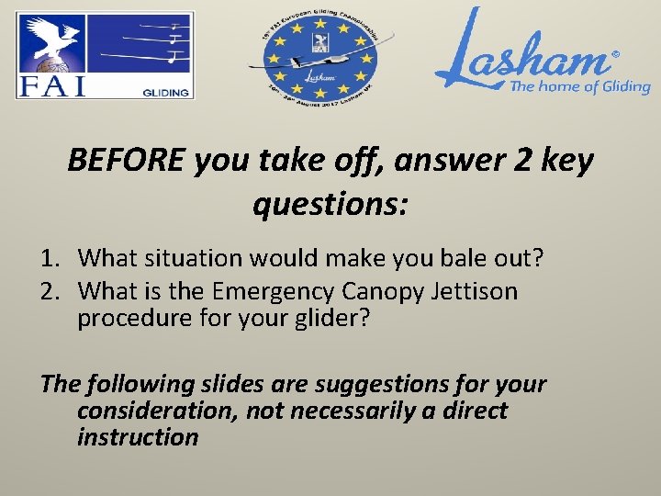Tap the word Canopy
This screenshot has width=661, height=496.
(x=387, y=292)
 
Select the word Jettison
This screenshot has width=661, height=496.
(x=476, y=292)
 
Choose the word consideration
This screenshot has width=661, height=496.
(x=157, y=411)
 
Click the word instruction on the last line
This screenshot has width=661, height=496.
(x=138, y=436)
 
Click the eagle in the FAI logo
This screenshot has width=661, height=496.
(x=50, y=41)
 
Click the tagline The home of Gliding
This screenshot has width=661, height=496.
(x=579, y=87)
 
